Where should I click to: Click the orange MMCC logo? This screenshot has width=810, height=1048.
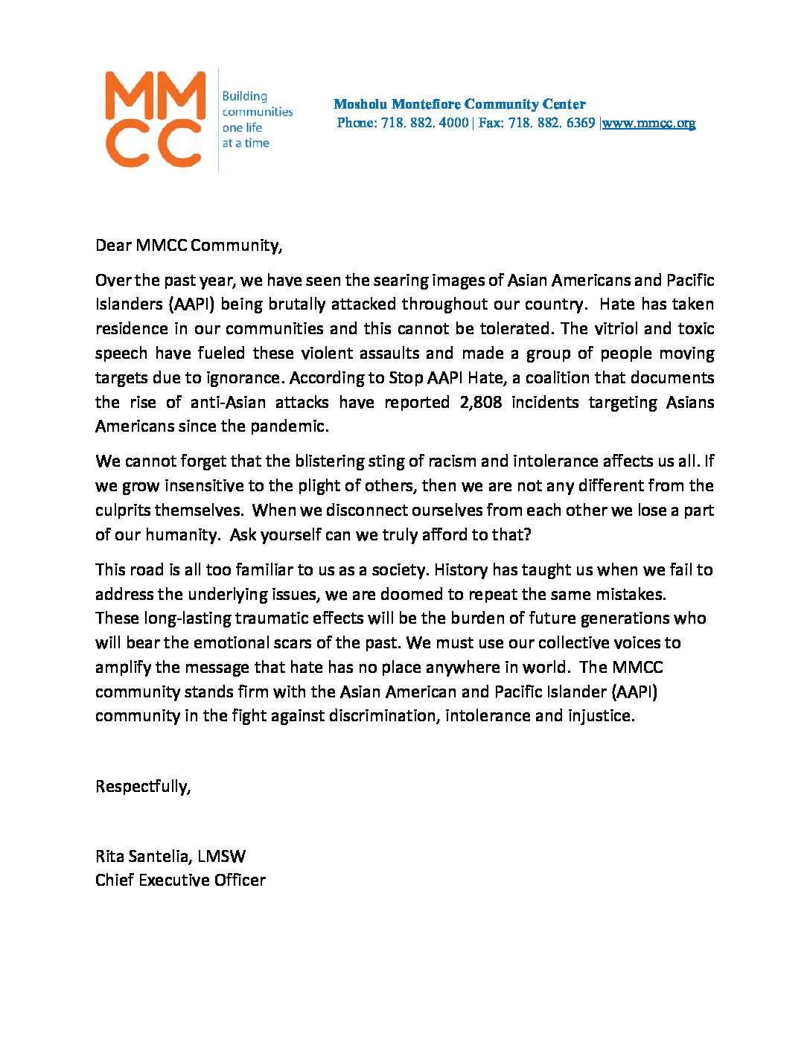155,119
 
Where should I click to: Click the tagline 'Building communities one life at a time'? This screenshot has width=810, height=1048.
257,120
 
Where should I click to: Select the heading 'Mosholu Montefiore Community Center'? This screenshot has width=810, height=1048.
459,104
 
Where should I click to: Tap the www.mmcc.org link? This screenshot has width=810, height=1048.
648,124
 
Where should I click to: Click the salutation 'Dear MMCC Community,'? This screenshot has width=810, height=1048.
188,246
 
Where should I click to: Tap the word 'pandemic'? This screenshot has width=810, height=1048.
293,427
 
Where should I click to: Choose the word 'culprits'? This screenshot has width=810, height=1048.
123,511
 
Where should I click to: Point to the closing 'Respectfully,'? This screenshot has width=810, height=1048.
143,787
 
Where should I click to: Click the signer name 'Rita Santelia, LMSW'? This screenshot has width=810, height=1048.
170,857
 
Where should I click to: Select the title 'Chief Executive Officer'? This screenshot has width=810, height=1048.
180,881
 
